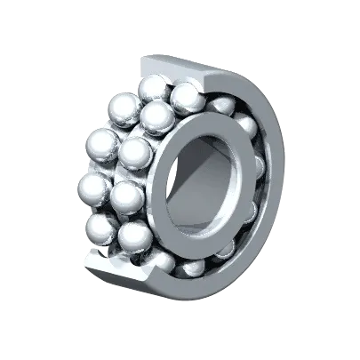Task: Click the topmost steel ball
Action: pos(153,89)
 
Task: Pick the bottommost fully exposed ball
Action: pos(135,237)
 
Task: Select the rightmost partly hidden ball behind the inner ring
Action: pos(259,169)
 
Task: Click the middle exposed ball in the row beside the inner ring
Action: pos(135,153)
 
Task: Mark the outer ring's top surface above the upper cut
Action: pos(178,62)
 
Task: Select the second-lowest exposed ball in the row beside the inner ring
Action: pos(127,196)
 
